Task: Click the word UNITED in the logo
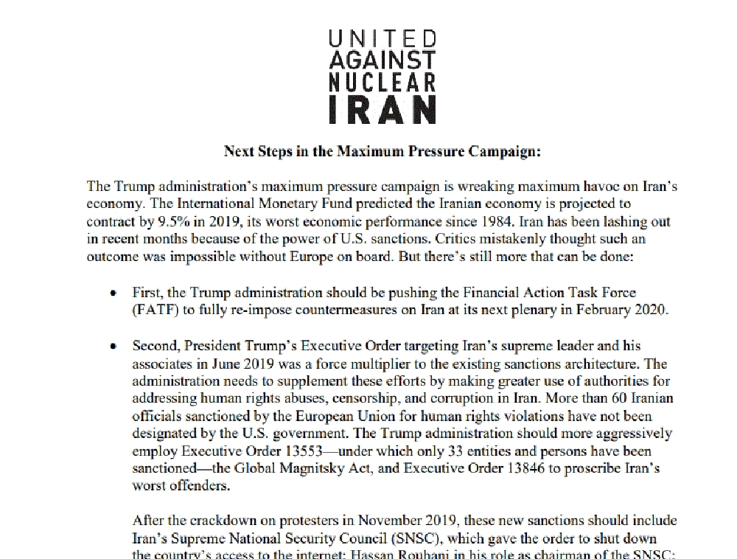(x=381, y=39)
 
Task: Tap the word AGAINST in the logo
(x=381, y=60)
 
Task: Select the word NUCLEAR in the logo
(x=381, y=82)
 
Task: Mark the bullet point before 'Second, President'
(x=113, y=345)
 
